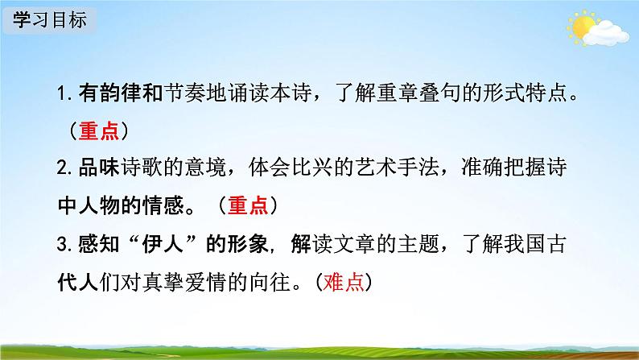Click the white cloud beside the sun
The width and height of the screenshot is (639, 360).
click(605, 34)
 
